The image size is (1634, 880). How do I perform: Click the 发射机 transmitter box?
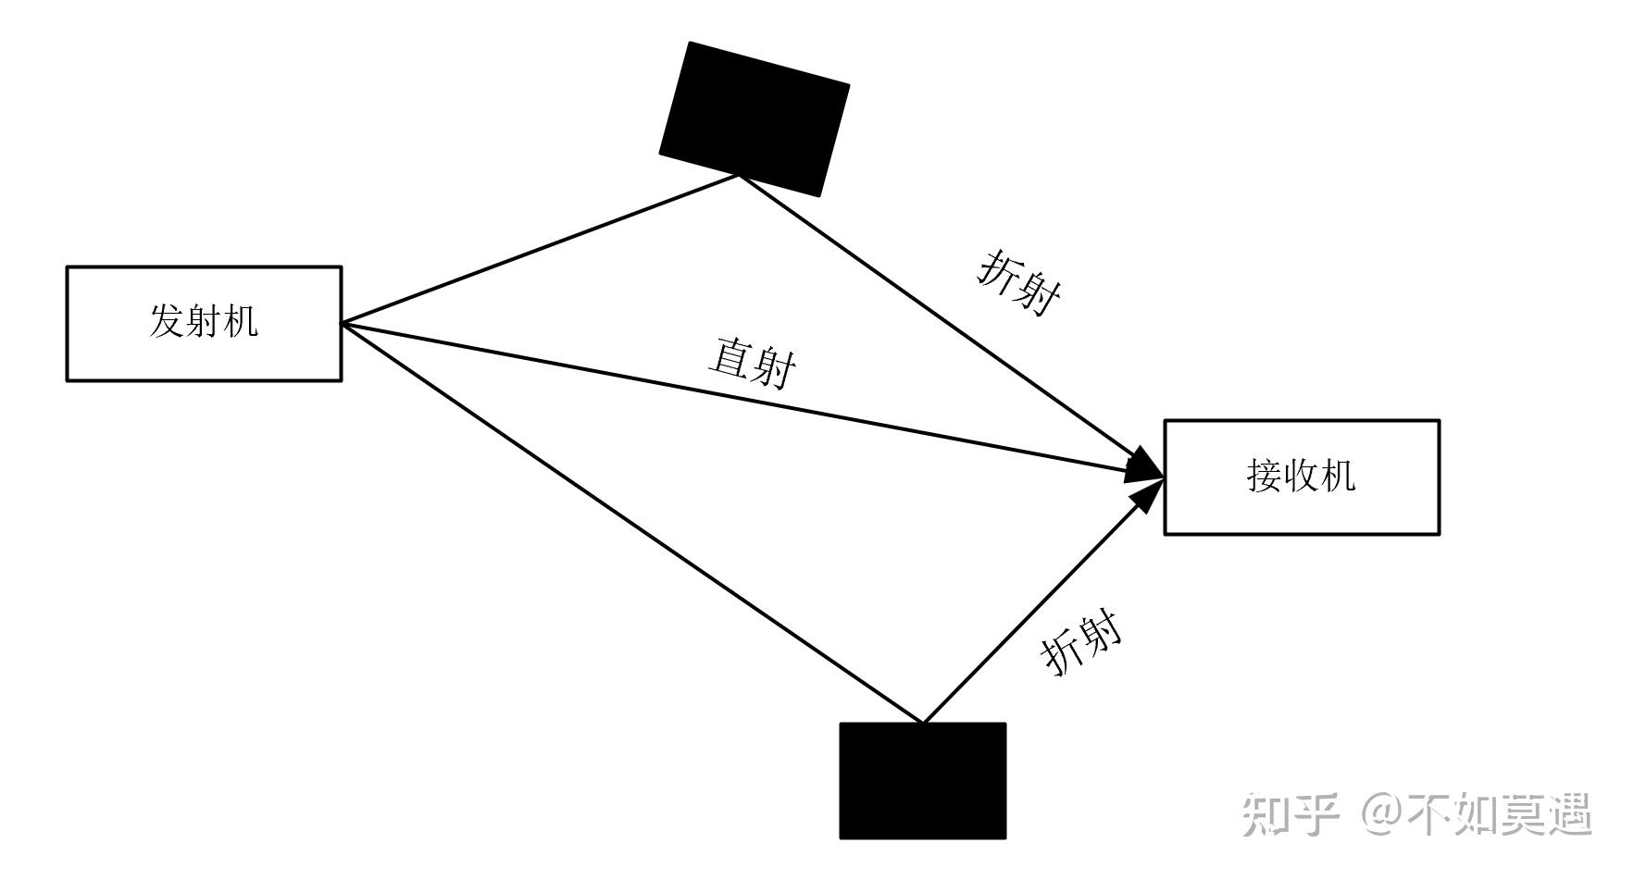click(204, 324)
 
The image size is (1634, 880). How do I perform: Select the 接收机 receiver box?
click(1301, 477)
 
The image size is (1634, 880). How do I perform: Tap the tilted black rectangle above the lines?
click(754, 118)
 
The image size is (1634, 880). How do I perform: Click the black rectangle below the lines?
click(922, 781)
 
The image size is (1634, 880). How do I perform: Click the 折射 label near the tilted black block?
click(1019, 282)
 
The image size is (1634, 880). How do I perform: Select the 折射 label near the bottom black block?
click(1081, 642)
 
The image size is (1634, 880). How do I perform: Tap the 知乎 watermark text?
click(1291, 815)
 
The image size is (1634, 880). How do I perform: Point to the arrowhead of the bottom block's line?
click(1148, 496)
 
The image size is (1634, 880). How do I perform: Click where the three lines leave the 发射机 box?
click(343, 323)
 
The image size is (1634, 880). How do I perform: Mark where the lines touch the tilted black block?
click(739, 175)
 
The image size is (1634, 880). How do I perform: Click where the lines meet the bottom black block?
click(923, 723)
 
